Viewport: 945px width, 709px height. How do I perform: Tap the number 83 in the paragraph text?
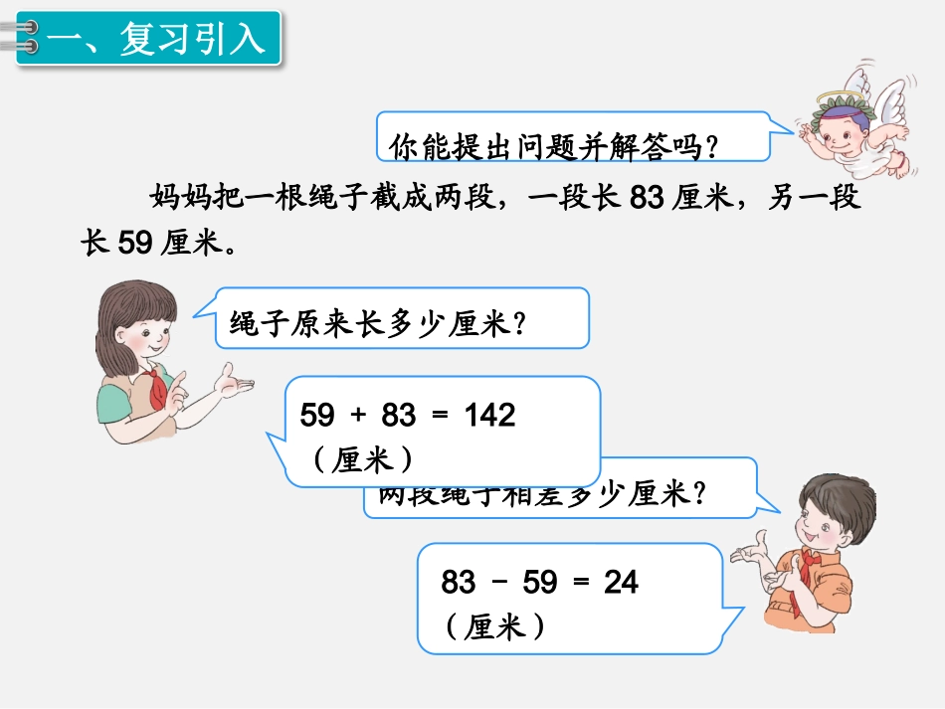647,197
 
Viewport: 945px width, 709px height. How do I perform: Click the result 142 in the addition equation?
489,416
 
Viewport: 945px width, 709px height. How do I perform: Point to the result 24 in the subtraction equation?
621,582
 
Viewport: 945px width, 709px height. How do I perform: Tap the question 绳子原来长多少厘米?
378,323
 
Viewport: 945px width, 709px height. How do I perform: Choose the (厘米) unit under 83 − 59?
494,625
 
